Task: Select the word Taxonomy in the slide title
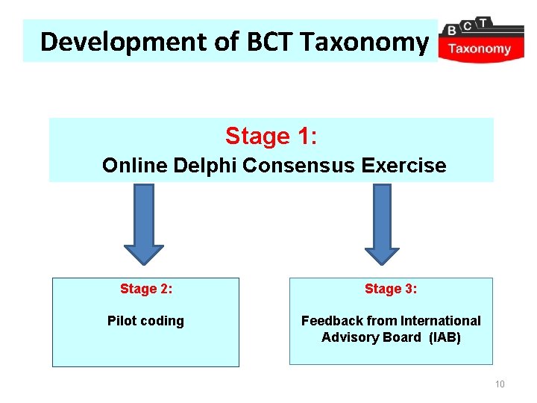pyautogui.click(x=364, y=42)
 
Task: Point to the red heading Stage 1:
pyautogui.click(x=271, y=137)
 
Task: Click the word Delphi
pyautogui.click(x=204, y=165)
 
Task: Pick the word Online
pyautogui.click(x=135, y=165)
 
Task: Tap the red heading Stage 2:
pyautogui.click(x=146, y=289)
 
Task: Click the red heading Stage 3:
pyautogui.click(x=391, y=289)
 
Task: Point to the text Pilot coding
pyautogui.click(x=145, y=321)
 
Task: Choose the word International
pyautogui.click(x=441, y=321)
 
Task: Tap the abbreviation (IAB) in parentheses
pyautogui.click(x=445, y=337)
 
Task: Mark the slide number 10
pyautogui.click(x=500, y=384)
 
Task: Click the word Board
pyautogui.click(x=401, y=337)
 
